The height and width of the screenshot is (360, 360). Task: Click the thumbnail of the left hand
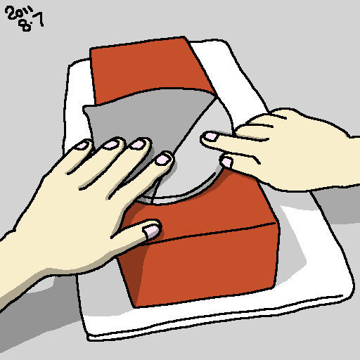[151, 231]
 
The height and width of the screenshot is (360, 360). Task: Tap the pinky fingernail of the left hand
[82, 146]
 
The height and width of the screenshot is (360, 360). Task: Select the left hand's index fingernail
[162, 159]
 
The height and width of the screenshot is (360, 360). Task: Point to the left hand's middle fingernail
[138, 144]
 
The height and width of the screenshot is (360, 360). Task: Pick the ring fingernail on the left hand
[111, 145]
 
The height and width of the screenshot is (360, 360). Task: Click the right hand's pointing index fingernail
[210, 136]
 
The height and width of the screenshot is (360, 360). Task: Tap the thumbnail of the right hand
[226, 162]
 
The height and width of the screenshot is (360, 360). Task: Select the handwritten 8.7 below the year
[31, 22]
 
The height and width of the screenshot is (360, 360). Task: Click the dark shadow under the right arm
[337, 204]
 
